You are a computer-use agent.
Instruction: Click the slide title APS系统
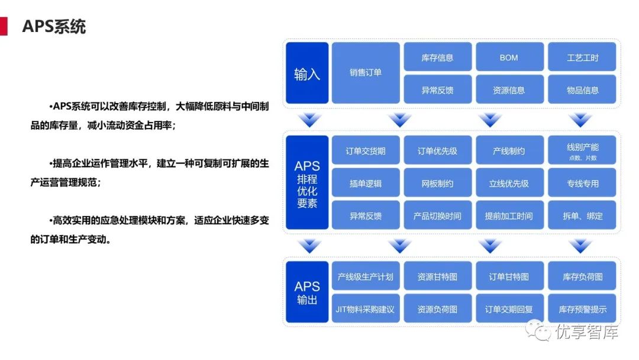pos(54,27)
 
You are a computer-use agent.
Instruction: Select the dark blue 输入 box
pos(307,73)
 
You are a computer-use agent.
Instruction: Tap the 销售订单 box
pos(366,73)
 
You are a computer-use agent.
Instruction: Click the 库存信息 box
pos(438,57)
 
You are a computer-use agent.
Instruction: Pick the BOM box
pos(509,57)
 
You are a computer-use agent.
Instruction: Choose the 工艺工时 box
pos(582,57)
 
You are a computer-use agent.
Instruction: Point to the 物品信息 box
pos(582,90)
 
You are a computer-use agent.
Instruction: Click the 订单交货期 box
pos(366,151)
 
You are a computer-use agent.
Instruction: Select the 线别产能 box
pos(582,150)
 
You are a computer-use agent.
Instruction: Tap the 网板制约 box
pos(438,184)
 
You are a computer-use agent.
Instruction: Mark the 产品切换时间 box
pos(438,216)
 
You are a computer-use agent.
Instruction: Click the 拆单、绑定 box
pos(582,216)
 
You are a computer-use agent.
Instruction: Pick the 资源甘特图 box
pos(438,277)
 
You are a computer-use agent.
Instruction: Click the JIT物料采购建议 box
pos(366,309)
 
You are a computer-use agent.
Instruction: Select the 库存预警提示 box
pos(582,309)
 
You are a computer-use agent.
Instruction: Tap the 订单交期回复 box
pos(509,309)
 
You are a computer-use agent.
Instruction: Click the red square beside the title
pos(4,27)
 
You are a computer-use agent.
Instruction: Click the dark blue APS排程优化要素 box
pos(307,183)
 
